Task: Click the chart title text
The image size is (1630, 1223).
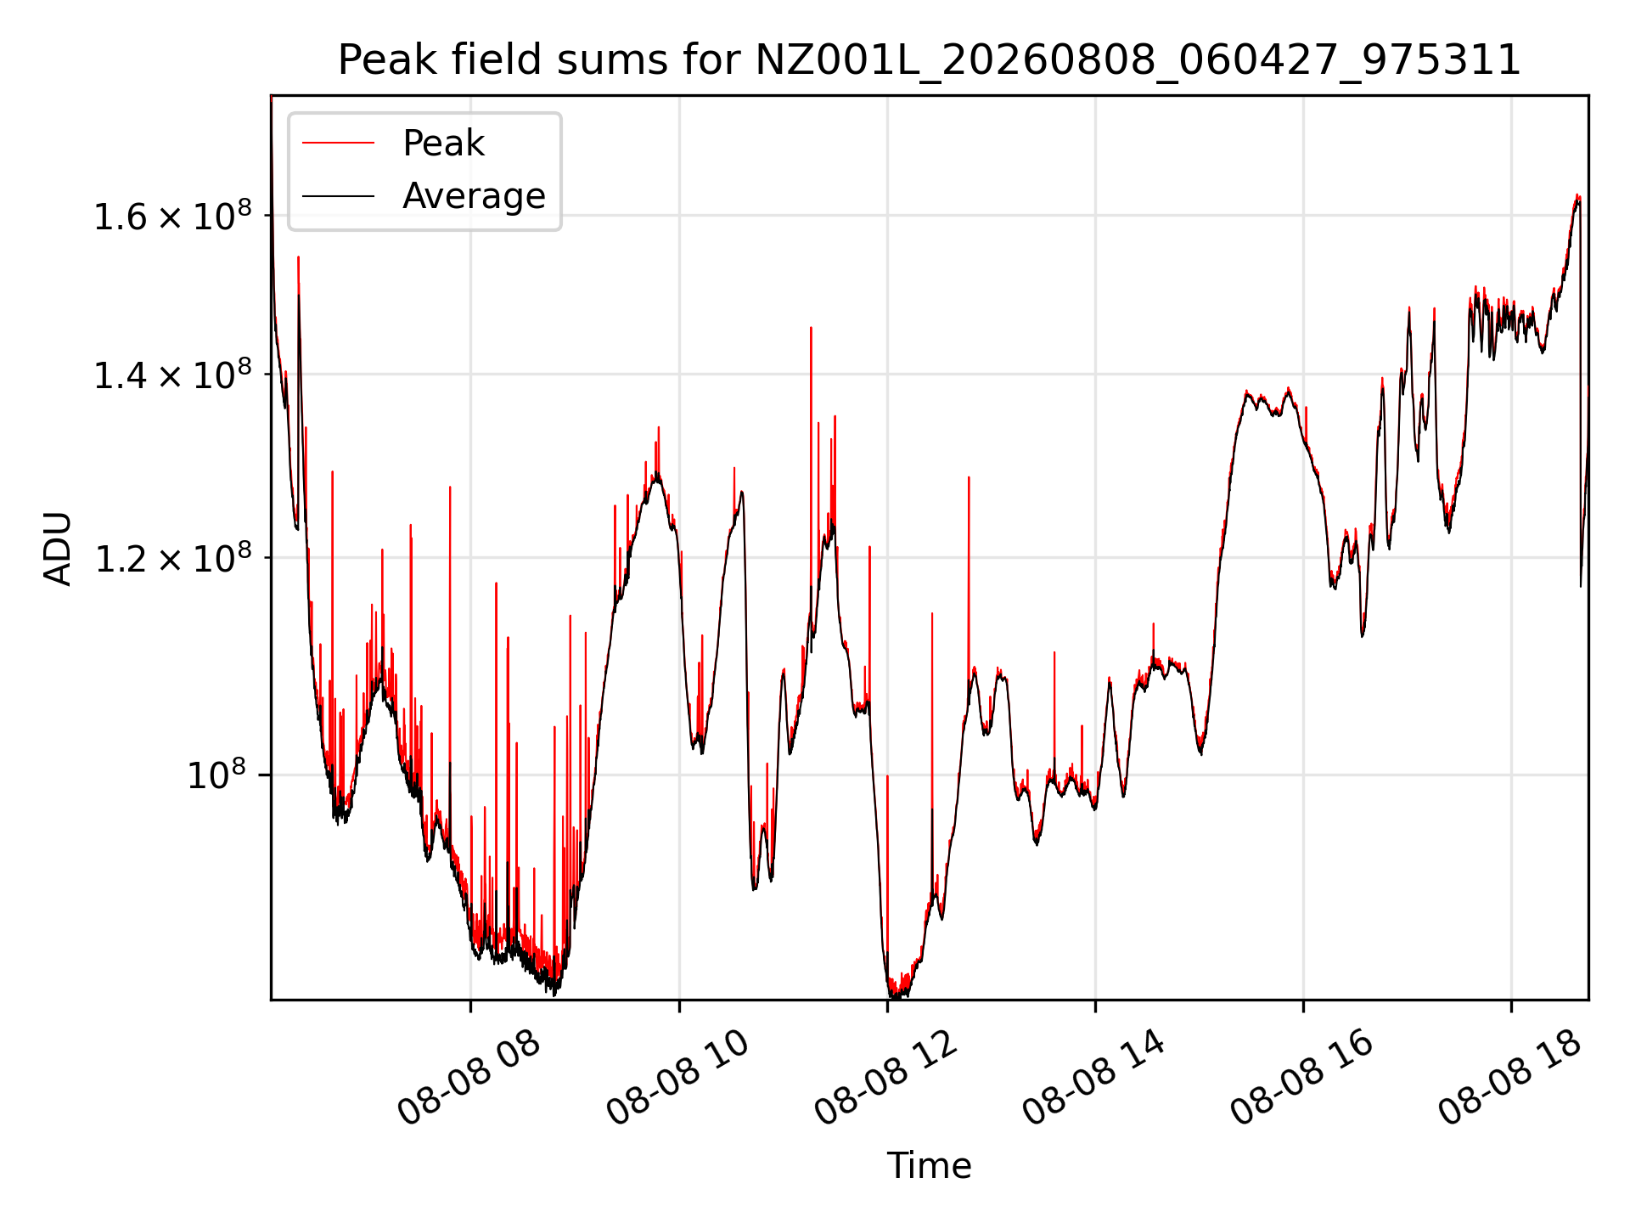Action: [929, 60]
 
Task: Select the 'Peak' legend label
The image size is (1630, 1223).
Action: [443, 144]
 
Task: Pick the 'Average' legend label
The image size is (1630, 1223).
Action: [474, 196]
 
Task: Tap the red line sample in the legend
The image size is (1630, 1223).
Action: [338, 144]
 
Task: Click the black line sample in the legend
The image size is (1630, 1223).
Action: [338, 196]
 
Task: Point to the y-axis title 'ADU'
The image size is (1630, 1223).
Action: [58, 548]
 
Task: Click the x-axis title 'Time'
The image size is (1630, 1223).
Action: [929, 1165]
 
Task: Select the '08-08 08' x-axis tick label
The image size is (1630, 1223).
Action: [469, 1079]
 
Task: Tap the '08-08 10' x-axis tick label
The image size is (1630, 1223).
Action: [677, 1079]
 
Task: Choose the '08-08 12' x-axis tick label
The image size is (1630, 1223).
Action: [885, 1079]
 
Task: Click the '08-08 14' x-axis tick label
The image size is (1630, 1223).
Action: [1093, 1079]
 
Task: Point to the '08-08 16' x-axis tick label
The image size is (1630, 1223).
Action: [1301, 1079]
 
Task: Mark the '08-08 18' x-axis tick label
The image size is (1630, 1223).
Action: [1509, 1079]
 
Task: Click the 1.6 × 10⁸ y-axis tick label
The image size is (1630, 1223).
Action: [173, 216]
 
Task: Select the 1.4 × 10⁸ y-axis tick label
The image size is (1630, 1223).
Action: [173, 375]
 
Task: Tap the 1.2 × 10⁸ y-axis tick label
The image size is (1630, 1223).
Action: [173, 558]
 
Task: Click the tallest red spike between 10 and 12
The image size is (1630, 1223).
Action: [811, 327]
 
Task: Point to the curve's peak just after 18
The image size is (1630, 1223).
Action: [1577, 195]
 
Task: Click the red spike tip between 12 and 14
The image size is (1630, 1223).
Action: [969, 477]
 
